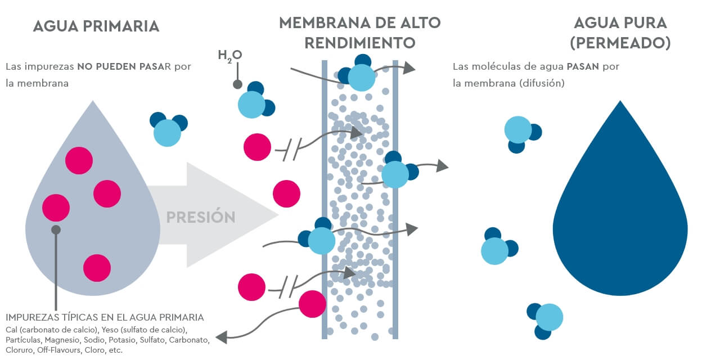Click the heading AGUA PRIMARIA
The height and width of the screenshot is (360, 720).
(x=96, y=26)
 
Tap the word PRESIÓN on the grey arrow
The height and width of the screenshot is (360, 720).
(x=201, y=217)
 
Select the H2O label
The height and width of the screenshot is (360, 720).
(x=229, y=55)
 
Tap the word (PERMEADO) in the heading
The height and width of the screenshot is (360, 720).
(x=620, y=43)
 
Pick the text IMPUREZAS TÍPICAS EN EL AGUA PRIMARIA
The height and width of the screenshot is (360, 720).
(x=105, y=317)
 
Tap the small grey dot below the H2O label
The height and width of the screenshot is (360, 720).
(x=237, y=84)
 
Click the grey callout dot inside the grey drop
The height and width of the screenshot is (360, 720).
(x=56, y=229)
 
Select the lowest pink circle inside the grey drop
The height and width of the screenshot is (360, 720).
(x=97, y=268)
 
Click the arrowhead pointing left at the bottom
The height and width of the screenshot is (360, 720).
(x=221, y=337)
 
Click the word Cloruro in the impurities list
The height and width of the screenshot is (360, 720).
(x=19, y=350)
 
